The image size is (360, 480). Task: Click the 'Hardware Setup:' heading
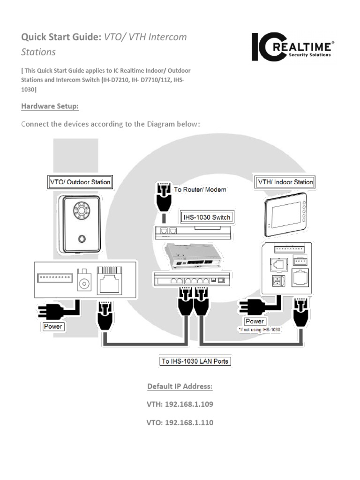[50, 106]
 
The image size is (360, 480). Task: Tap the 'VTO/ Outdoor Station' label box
[80, 182]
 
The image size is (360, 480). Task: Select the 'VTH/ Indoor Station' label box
[284, 181]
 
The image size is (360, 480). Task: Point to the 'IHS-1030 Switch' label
[207, 217]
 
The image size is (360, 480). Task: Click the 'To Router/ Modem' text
[200, 190]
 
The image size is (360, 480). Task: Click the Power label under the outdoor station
[53, 326]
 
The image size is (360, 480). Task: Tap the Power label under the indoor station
[255, 321]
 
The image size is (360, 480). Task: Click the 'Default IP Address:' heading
[180, 386]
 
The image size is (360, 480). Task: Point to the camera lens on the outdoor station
[82, 212]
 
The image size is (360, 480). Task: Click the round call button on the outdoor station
[82, 239]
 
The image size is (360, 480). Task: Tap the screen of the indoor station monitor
[282, 212]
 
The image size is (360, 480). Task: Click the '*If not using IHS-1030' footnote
[259, 330]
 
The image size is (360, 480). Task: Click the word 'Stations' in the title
[38, 52]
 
